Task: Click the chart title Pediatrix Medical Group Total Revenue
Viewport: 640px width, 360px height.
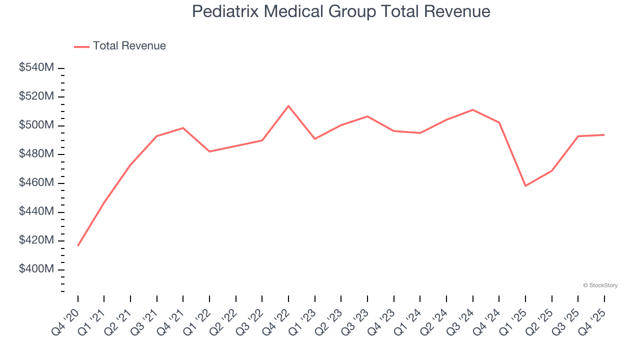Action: click(x=341, y=11)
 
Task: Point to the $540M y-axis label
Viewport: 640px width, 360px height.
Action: click(x=36, y=67)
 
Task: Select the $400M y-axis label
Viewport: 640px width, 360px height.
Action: click(x=36, y=269)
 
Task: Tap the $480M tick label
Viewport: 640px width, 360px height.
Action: click(x=36, y=154)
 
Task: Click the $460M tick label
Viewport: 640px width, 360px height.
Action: click(x=36, y=183)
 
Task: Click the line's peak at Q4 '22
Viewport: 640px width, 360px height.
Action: click(x=288, y=106)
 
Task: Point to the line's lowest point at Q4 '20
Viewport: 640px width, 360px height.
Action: click(x=78, y=245)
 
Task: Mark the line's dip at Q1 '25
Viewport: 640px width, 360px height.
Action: click(x=525, y=186)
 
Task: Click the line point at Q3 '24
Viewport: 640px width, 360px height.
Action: click(x=473, y=110)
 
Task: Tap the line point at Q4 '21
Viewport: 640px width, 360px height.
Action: click(x=183, y=128)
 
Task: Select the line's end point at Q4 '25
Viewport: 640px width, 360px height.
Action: click(x=604, y=134)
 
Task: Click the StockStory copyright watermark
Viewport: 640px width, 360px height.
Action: click(x=600, y=285)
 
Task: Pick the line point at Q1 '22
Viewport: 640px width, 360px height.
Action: click(x=209, y=151)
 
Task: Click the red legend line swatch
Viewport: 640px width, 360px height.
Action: click(x=81, y=46)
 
